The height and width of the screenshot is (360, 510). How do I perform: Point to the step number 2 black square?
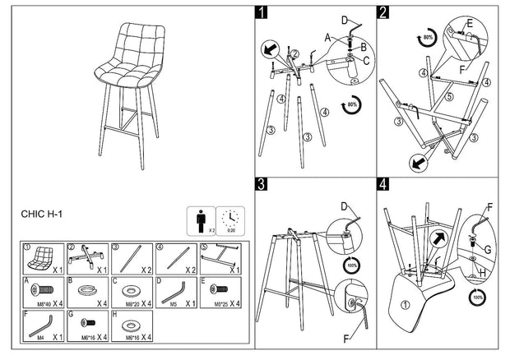point(383,12)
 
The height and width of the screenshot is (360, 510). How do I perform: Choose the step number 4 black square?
point(383,184)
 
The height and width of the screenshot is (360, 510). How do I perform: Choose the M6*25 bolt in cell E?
point(217,290)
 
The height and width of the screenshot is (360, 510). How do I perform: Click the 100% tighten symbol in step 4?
point(477,295)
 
